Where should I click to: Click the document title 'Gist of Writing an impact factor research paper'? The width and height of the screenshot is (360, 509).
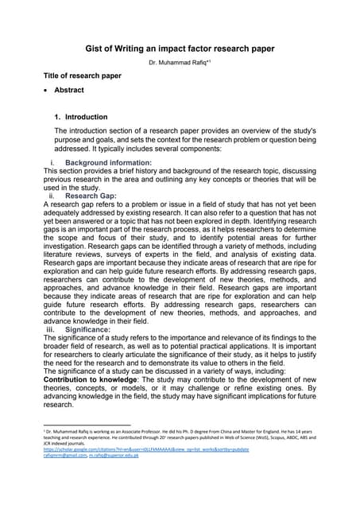[180, 49]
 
